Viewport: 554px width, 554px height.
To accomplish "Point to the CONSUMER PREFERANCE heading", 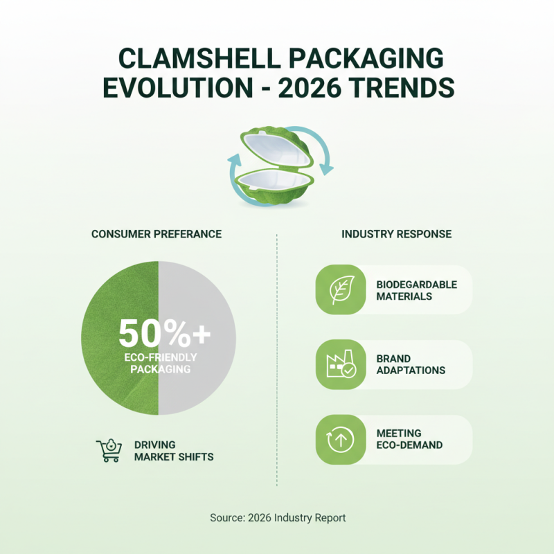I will click(x=157, y=234).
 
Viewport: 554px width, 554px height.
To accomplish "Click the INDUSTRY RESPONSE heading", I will click(x=396, y=234).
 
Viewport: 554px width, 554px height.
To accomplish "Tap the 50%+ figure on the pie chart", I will click(x=164, y=334).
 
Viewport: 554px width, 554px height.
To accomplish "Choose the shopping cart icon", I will click(x=109, y=450).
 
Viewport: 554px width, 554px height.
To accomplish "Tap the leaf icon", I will click(x=340, y=289).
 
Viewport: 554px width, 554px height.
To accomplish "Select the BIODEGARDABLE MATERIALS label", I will click(x=416, y=290).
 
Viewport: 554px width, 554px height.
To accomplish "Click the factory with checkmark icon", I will click(x=340, y=365).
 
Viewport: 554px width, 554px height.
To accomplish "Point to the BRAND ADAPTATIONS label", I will click(x=411, y=364).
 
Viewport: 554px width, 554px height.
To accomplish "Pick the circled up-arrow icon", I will click(x=340, y=439).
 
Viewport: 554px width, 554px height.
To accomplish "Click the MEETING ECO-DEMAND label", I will click(x=409, y=439).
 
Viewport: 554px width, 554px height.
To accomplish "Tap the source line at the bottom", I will click(x=277, y=517).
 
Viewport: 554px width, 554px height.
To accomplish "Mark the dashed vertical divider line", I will click(x=276, y=360).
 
